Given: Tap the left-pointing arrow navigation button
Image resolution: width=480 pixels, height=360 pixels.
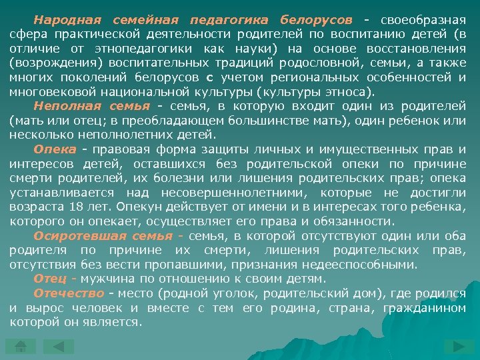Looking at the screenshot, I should click(63, 346).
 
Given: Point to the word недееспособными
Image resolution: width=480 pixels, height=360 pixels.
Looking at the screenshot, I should click(361, 265).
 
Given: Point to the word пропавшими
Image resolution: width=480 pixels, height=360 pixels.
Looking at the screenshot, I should click(212, 265).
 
